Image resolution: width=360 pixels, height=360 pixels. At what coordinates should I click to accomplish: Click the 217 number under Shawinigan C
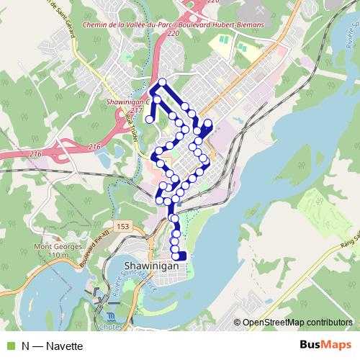coord(137,109)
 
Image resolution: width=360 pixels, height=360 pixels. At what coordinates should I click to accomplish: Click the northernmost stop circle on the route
coord(163,82)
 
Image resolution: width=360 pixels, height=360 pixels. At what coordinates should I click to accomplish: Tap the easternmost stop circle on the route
coord(208,124)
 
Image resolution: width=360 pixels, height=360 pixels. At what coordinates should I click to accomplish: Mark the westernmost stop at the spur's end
coord(150,120)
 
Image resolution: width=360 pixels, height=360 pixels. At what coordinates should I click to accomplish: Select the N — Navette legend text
coord(52,346)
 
